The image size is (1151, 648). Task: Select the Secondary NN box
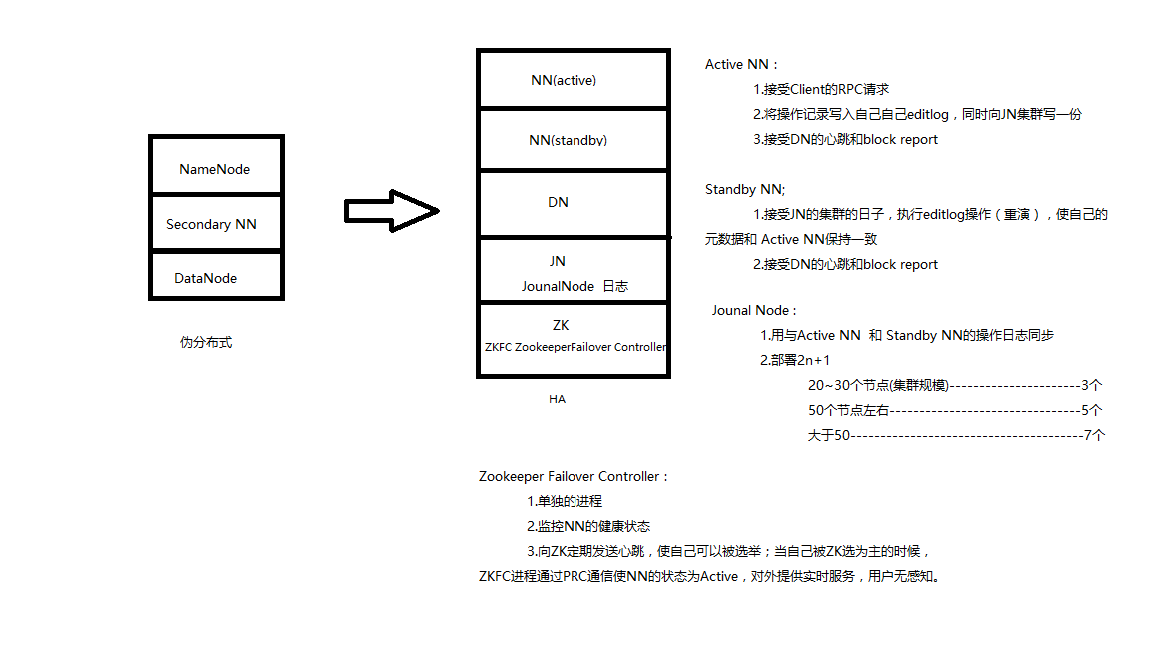[x=216, y=223]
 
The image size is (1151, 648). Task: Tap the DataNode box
[x=216, y=276]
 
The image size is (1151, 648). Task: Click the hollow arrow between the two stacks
[x=392, y=211]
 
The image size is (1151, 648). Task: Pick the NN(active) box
[x=574, y=79]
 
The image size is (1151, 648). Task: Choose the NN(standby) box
[x=574, y=140]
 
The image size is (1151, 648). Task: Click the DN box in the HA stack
[x=574, y=204]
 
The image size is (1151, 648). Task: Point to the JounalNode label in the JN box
[x=558, y=287]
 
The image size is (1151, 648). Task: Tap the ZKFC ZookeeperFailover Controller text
[x=575, y=347]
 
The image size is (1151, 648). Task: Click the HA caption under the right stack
[x=558, y=399]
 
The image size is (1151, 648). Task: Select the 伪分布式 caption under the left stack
[x=206, y=342]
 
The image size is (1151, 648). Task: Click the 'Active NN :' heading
[x=741, y=65]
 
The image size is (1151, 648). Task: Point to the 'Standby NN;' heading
[x=745, y=190]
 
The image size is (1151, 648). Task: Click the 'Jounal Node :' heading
[x=754, y=310]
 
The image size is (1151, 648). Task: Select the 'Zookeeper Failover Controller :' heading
[x=574, y=476]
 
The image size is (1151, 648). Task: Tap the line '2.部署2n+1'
[x=795, y=360]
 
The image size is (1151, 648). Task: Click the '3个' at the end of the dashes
[x=1091, y=385]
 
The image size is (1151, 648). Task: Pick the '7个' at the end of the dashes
[x=1094, y=435]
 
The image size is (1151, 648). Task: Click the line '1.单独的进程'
[x=565, y=501]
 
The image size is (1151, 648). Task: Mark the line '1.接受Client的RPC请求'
[x=821, y=90]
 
